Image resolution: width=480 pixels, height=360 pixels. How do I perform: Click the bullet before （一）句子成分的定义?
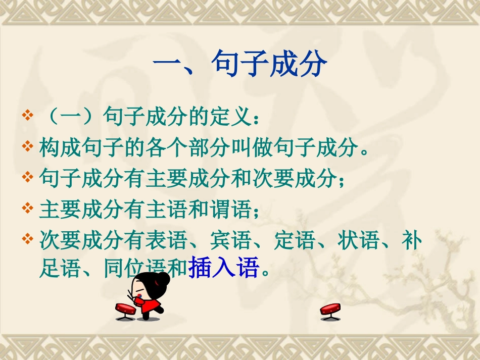pyautogui.click(x=28, y=117)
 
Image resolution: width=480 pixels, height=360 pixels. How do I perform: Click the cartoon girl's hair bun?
pyautogui.click(x=163, y=279)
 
